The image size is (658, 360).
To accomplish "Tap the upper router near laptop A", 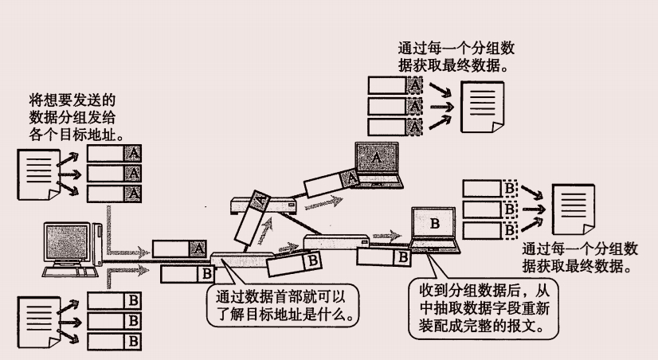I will [x=263, y=205].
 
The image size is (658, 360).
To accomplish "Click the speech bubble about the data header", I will [x=283, y=303].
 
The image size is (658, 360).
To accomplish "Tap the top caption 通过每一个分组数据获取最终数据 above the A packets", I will [x=452, y=55].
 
